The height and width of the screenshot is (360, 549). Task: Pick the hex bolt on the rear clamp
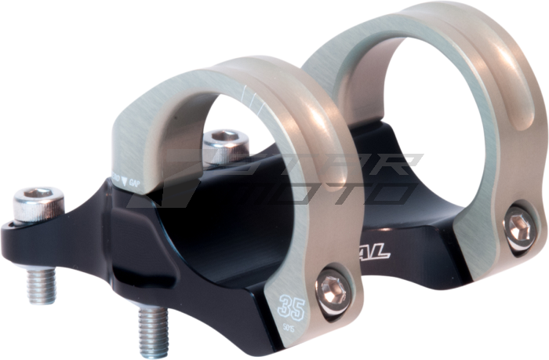tap(518, 226)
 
